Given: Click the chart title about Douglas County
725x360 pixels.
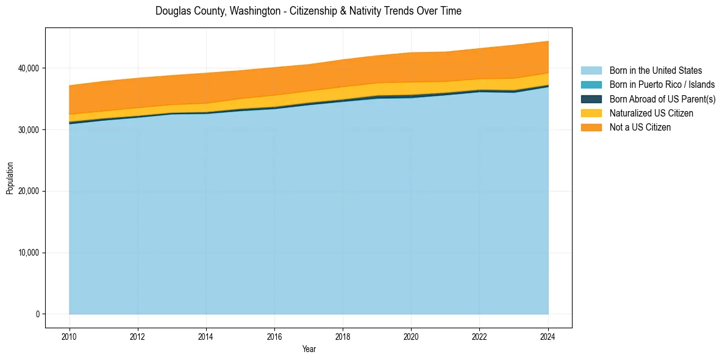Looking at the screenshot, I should pyautogui.click(x=308, y=11).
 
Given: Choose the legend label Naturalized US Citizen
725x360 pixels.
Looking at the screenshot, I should pyautogui.click(x=651, y=113).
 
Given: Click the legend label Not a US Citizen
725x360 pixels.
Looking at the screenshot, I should pyautogui.click(x=640, y=128).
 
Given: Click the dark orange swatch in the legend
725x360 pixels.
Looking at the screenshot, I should pyautogui.click(x=591, y=128).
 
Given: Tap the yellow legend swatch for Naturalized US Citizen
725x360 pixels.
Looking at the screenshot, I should pyautogui.click(x=591, y=113).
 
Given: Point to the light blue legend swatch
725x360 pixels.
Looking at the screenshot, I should pyautogui.click(x=591, y=71).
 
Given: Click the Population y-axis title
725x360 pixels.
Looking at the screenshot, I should pyautogui.click(x=10, y=178).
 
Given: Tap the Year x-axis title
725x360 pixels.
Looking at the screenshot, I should pyautogui.click(x=309, y=350).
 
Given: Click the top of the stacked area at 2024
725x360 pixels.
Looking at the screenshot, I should pyautogui.click(x=548, y=41).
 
